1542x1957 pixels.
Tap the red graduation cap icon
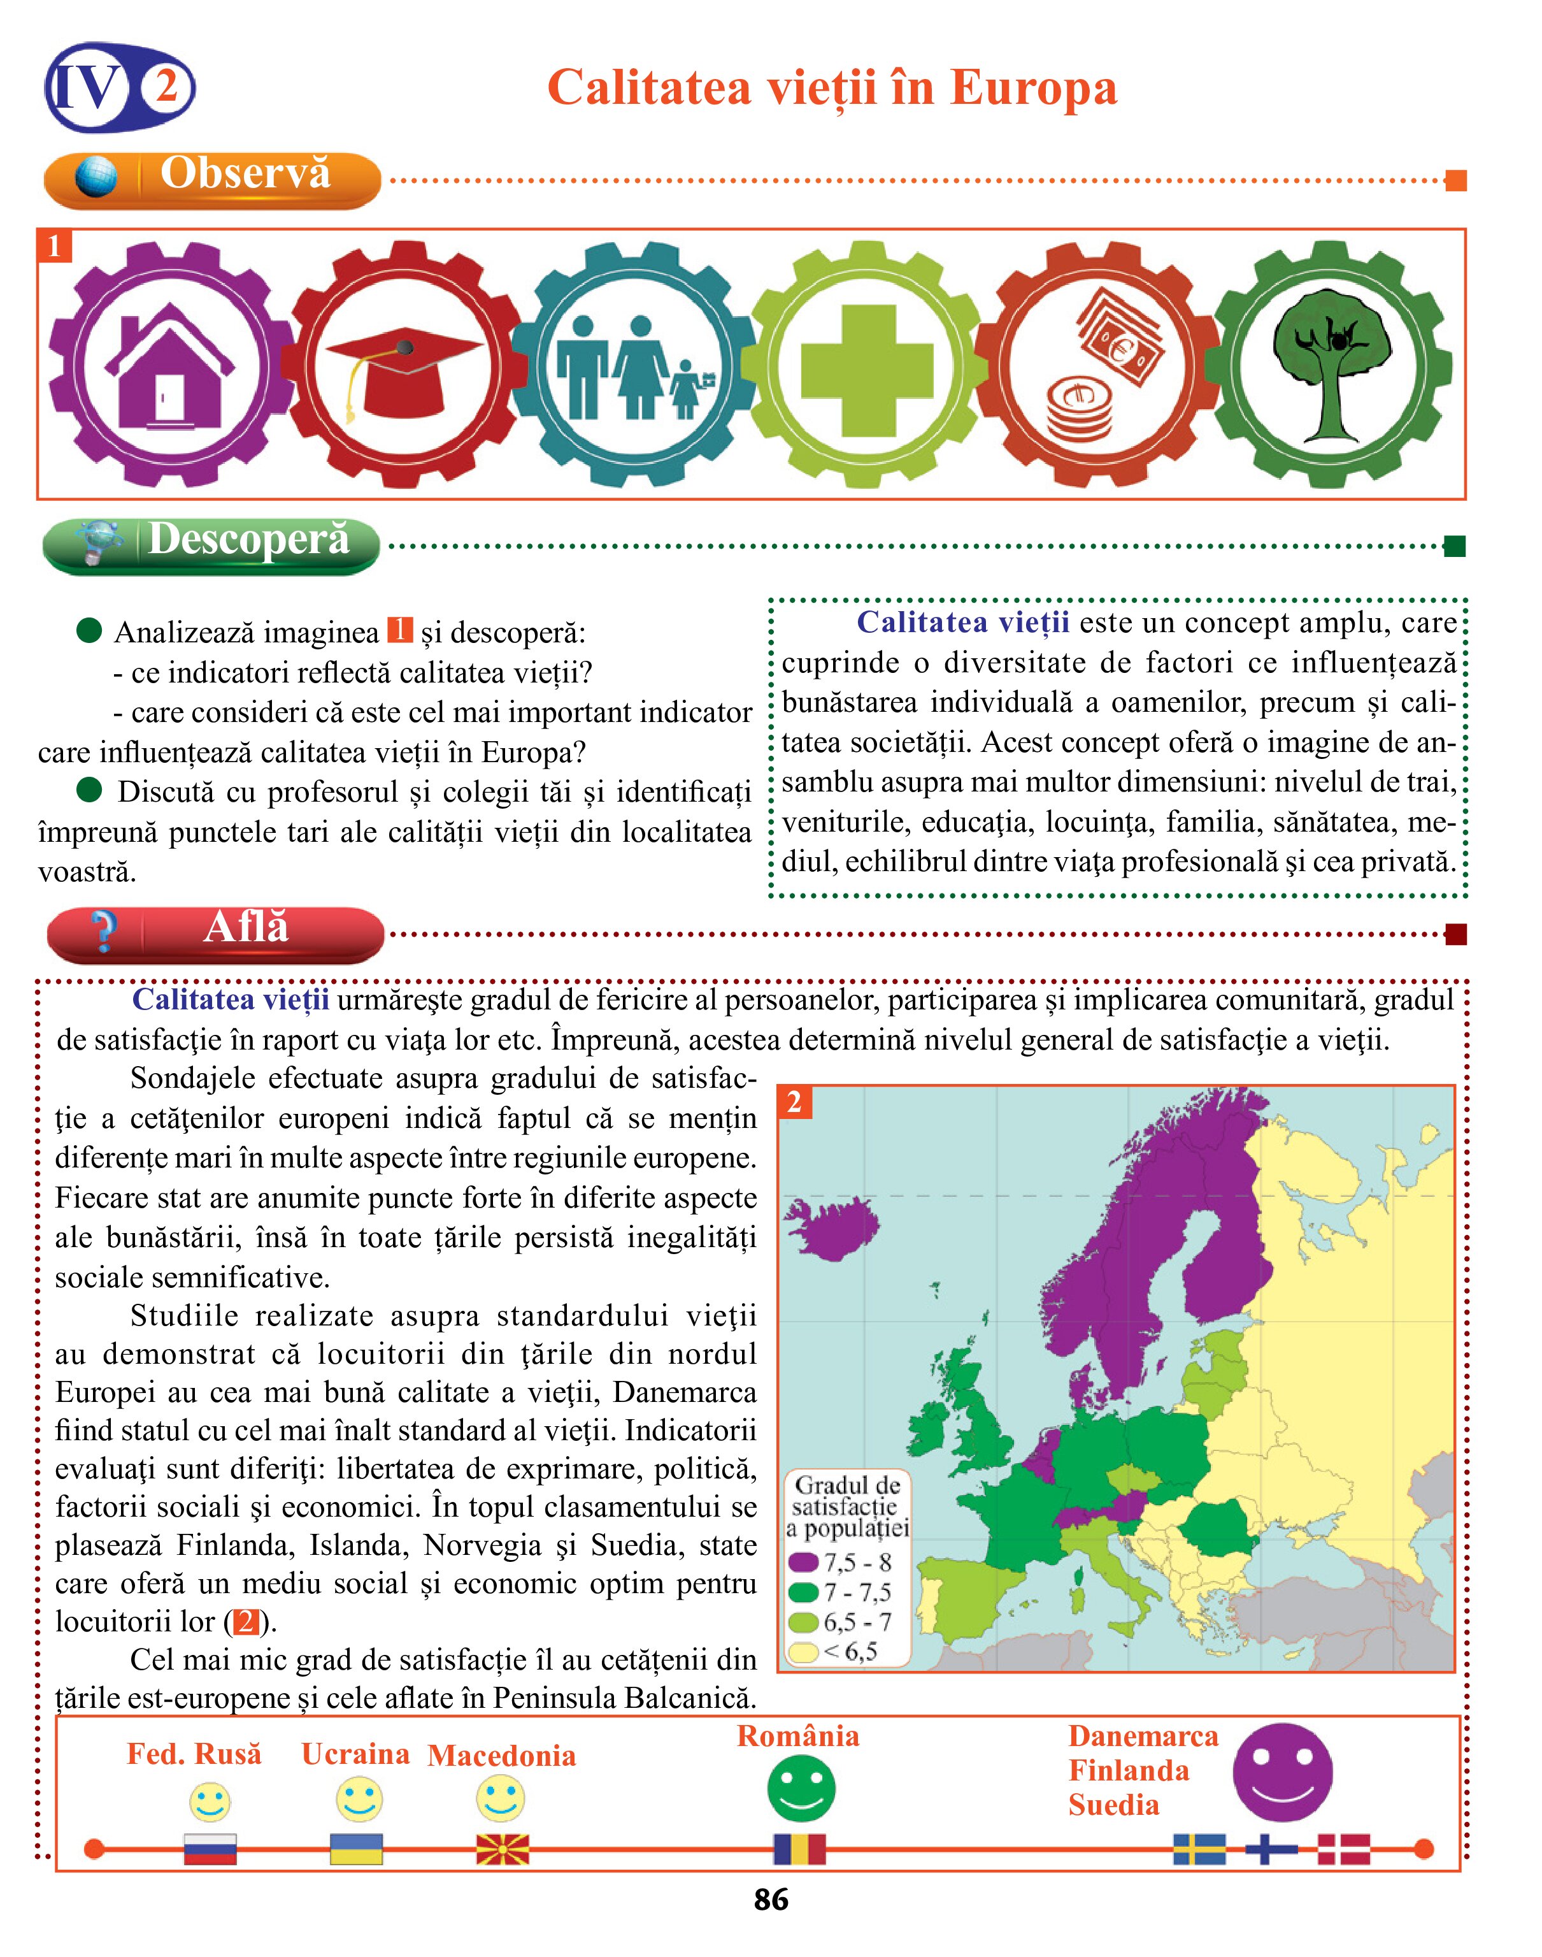click(x=404, y=368)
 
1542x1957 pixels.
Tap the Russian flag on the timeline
click(x=210, y=1849)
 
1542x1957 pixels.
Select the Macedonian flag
click(x=502, y=1849)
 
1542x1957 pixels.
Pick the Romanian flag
click(x=799, y=1849)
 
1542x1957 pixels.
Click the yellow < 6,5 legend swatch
click(x=803, y=1652)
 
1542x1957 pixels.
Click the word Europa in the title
click(x=1034, y=89)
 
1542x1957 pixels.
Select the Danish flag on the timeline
click(x=1343, y=1849)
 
